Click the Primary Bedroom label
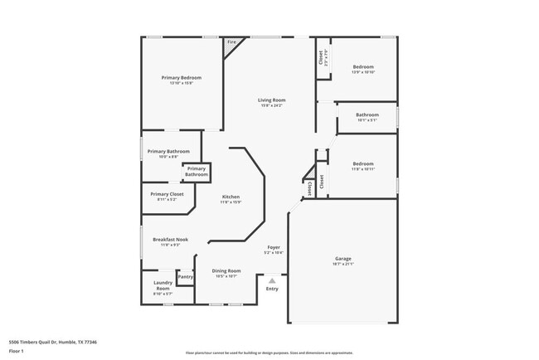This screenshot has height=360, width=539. click(x=181, y=77)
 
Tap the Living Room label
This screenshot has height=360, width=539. click(x=271, y=100)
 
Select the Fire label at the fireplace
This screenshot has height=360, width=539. click(x=231, y=41)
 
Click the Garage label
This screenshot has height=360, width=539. click(x=342, y=258)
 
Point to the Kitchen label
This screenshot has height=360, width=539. click(x=231, y=197)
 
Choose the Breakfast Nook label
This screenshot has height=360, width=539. click(x=170, y=239)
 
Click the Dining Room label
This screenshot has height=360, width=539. click(x=226, y=270)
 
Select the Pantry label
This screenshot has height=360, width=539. click(x=185, y=276)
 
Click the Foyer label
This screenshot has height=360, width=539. click(x=274, y=247)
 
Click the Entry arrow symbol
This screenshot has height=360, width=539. click(x=271, y=280)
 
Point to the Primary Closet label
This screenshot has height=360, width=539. click(x=167, y=194)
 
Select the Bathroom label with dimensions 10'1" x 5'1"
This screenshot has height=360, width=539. click(x=367, y=114)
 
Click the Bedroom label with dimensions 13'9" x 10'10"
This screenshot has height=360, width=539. click(x=363, y=66)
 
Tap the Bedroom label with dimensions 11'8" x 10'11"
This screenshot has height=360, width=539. click(x=363, y=163)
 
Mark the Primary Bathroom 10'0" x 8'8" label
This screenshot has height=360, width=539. click(x=168, y=151)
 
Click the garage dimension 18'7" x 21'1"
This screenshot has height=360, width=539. click(x=342, y=265)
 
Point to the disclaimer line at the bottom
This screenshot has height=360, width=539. click(x=269, y=352)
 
